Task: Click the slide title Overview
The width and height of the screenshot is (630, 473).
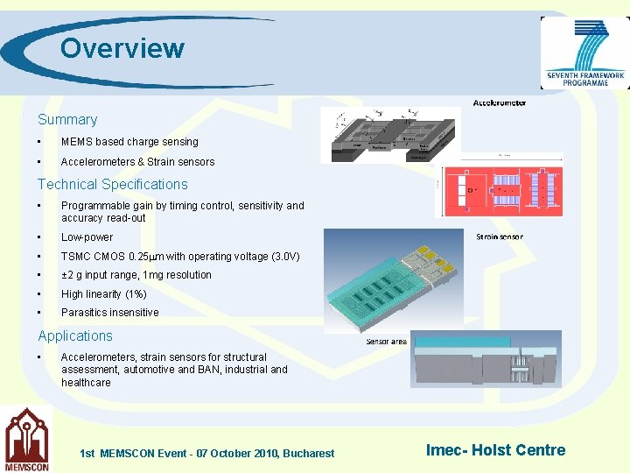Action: click(x=122, y=48)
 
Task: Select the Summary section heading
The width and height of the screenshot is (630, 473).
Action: click(x=67, y=120)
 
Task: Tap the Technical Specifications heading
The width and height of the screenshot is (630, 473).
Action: click(x=112, y=185)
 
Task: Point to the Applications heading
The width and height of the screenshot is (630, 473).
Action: click(x=75, y=336)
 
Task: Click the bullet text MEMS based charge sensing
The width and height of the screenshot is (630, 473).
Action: click(x=129, y=142)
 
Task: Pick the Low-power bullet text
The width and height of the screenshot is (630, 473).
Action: click(x=87, y=237)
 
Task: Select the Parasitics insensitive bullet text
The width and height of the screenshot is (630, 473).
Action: click(x=110, y=313)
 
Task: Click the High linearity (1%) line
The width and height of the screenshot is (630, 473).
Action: click(x=104, y=294)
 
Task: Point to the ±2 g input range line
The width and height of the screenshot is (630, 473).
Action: click(x=136, y=275)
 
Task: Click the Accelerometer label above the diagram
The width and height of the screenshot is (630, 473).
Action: click(x=500, y=102)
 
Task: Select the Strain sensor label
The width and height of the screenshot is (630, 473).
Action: click(x=500, y=236)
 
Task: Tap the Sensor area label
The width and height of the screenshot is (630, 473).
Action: click(x=386, y=342)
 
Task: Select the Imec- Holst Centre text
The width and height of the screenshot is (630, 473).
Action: click(x=495, y=450)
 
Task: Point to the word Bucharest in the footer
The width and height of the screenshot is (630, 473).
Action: click(x=308, y=454)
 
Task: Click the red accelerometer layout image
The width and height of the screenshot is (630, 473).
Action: click(x=499, y=191)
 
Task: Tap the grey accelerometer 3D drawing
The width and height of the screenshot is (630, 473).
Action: click(x=390, y=135)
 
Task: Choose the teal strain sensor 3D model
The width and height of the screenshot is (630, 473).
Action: click(x=394, y=280)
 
